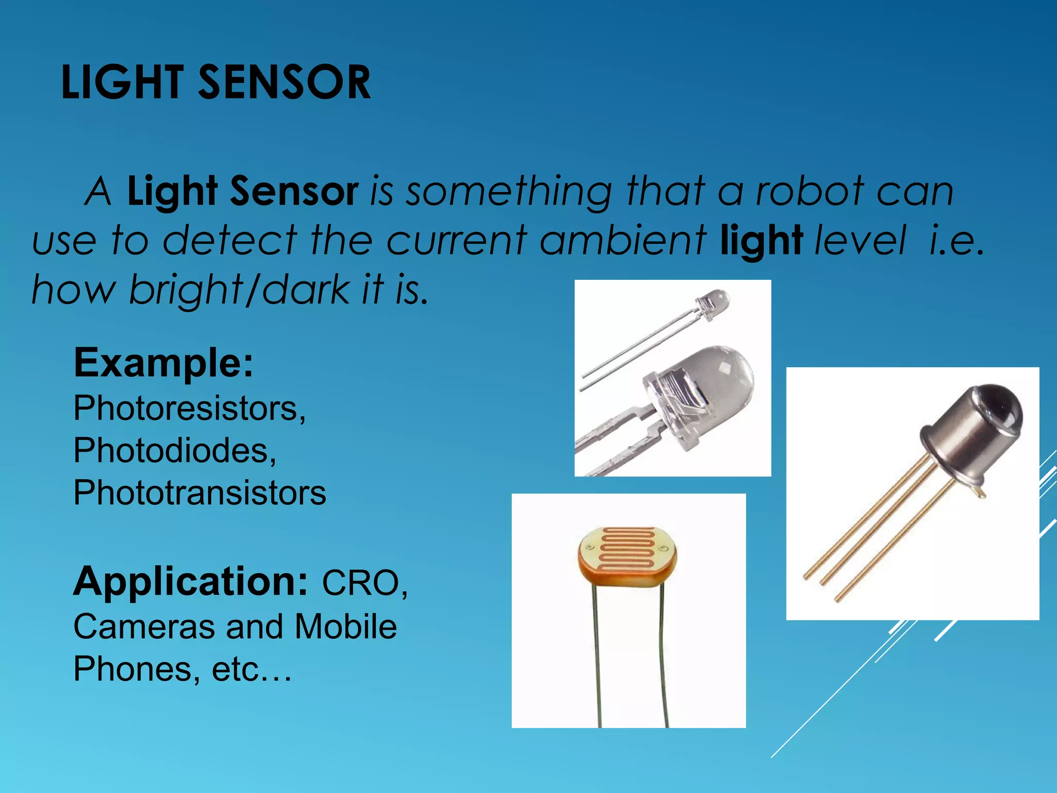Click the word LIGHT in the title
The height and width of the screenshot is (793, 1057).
pyautogui.click(x=122, y=83)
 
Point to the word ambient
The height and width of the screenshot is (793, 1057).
pyautogui.click(x=622, y=241)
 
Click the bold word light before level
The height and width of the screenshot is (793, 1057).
pyautogui.click(x=761, y=241)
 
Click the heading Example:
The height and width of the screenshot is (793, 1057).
pyautogui.click(x=164, y=363)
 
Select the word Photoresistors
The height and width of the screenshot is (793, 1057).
pyautogui.click(x=189, y=408)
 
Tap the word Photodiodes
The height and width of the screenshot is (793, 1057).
pyautogui.click(x=174, y=450)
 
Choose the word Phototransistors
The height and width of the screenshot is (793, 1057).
pyautogui.click(x=200, y=493)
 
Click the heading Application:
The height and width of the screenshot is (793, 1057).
pyautogui.click(x=190, y=582)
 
